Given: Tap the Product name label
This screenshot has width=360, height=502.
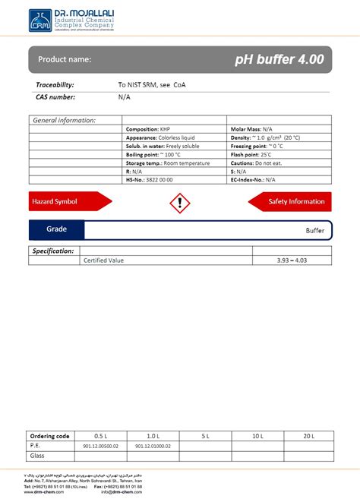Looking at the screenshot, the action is pyautogui.click(x=65, y=59).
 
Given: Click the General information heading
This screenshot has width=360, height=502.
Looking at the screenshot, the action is pyautogui.click(x=64, y=120).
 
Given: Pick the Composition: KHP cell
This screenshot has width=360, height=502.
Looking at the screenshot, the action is pyautogui.click(x=148, y=130).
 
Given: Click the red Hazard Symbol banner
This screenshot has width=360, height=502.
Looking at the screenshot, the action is pyautogui.click(x=68, y=201).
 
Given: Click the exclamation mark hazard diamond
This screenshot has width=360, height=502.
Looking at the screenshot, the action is pyautogui.click(x=179, y=202).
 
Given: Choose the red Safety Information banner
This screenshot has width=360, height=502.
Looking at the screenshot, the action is pyautogui.click(x=291, y=201).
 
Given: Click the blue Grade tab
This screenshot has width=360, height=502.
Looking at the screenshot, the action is pyautogui.click(x=57, y=229).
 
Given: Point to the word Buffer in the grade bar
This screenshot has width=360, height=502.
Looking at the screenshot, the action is pyautogui.click(x=314, y=230).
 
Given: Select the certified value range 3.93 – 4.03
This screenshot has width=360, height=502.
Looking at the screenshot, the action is pyautogui.click(x=292, y=260).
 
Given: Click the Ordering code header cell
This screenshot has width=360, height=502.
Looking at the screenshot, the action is pyautogui.click(x=49, y=436).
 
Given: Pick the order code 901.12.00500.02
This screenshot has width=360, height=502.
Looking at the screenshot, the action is pyautogui.click(x=101, y=446).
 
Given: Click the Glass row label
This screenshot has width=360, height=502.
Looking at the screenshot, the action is pyautogui.click(x=38, y=456).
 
